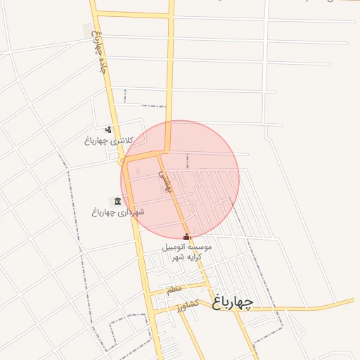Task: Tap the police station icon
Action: (108, 129)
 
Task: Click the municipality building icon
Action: (117, 201)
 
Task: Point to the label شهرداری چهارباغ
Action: (118, 212)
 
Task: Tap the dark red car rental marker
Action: (186, 238)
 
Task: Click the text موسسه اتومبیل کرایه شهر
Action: (186, 252)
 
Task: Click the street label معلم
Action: (174, 288)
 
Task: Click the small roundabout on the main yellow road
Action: (124, 161)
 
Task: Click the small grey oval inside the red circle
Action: (138, 172)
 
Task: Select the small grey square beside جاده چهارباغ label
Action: (88, 31)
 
